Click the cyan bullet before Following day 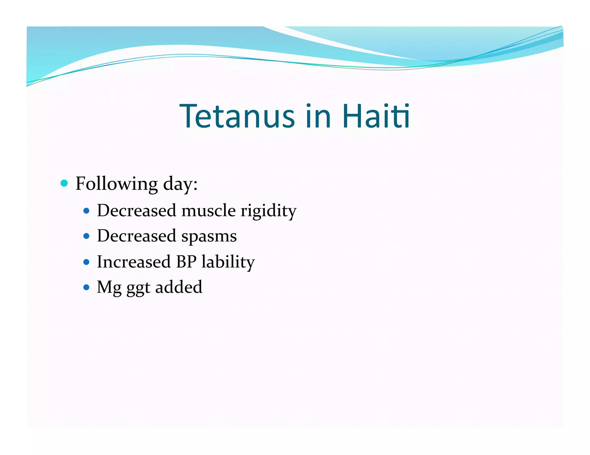click(x=64, y=183)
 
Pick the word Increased click(x=134, y=262)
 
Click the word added click(x=179, y=287)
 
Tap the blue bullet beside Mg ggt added click(x=86, y=287)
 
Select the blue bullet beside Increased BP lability click(x=86, y=262)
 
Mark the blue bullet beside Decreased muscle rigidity click(x=86, y=211)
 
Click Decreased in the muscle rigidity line click(x=137, y=211)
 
